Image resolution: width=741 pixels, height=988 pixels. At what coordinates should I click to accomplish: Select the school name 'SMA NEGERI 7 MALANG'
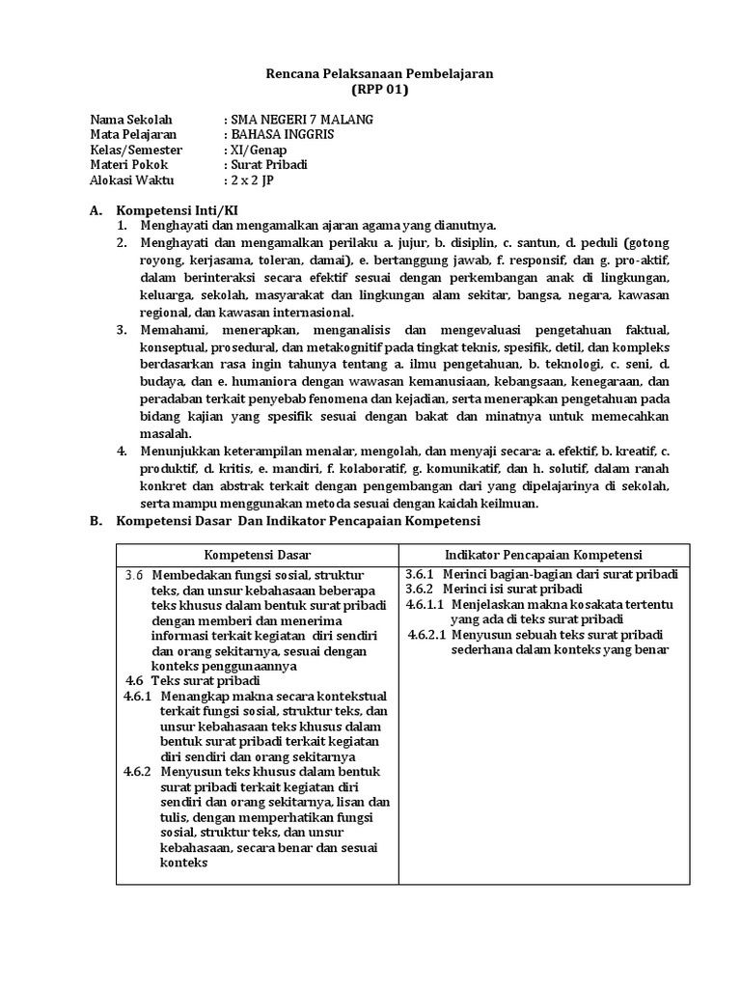299,120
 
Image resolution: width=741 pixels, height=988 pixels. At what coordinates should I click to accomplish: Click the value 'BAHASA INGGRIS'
282,135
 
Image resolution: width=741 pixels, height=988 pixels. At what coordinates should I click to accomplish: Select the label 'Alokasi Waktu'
131,180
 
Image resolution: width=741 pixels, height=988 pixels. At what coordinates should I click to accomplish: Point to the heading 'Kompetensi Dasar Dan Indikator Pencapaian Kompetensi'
297,521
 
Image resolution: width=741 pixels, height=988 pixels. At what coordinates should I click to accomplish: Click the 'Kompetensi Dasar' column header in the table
258,555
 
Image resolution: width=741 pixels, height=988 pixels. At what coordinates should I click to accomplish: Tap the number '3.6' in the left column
135,575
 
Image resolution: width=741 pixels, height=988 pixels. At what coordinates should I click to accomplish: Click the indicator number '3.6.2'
421,589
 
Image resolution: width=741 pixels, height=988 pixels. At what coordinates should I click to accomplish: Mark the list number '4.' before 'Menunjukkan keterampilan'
123,451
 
